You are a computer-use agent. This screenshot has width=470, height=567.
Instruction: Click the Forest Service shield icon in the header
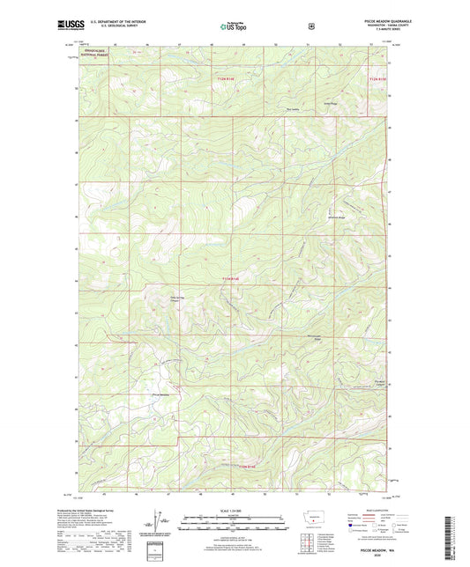[x=310, y=26]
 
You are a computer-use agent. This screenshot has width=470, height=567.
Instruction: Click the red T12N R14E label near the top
[x=227, y=77]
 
